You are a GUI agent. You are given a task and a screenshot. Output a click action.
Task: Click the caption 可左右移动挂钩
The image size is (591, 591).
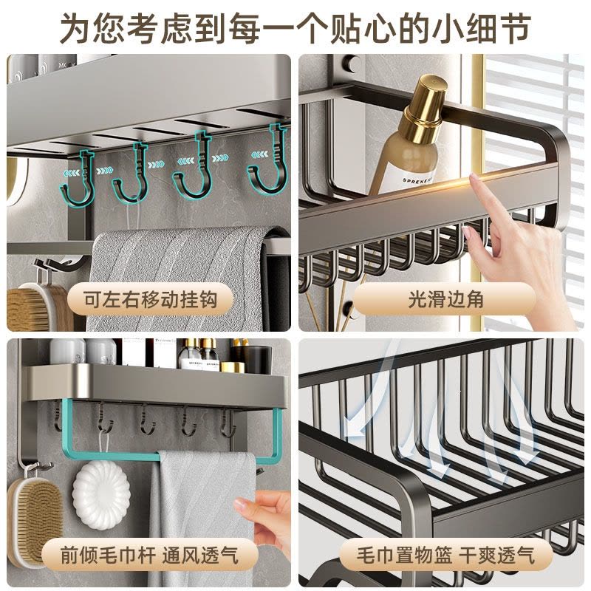(150, 301)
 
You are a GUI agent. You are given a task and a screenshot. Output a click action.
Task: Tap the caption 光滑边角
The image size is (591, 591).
(445, 301)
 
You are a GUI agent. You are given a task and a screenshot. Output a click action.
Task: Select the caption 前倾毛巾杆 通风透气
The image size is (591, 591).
(149, 556)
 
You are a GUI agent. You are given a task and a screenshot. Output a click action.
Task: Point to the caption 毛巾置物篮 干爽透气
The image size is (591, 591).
(445, 556)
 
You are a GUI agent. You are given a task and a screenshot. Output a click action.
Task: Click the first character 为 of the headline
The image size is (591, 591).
(75, 28)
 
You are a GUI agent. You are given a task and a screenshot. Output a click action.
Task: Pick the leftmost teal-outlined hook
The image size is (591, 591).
(78, 178)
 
